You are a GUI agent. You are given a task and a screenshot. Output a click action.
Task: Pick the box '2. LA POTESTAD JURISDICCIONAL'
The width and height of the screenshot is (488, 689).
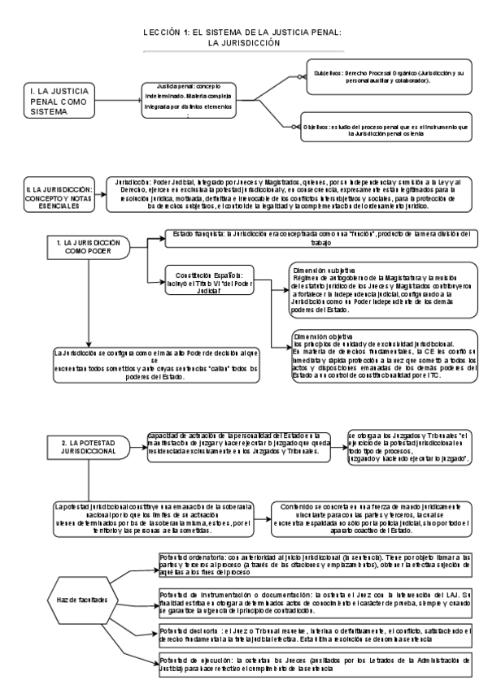(x=85, y=447)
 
